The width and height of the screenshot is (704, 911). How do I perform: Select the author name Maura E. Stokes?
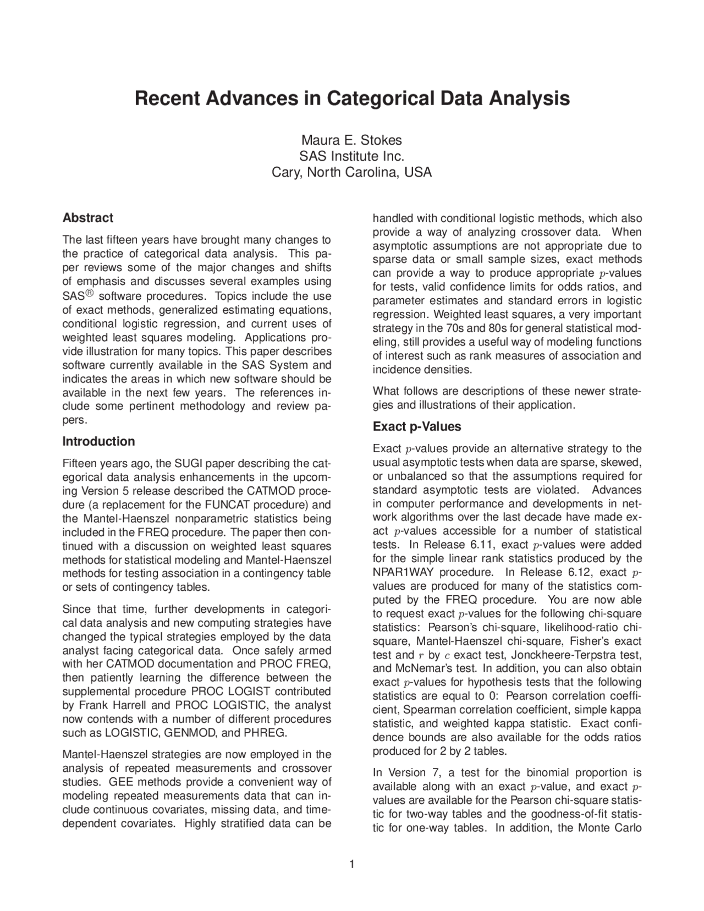pos(351,140)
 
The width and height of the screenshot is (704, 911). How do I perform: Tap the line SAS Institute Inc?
pos(351,156)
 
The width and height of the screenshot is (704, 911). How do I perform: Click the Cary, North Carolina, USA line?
pos(351,172)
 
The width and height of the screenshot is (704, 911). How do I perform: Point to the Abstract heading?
pos(88,218)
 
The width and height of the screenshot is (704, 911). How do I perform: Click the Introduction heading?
pos(98,442)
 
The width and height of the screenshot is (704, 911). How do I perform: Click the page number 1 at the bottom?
pos(352,864)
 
